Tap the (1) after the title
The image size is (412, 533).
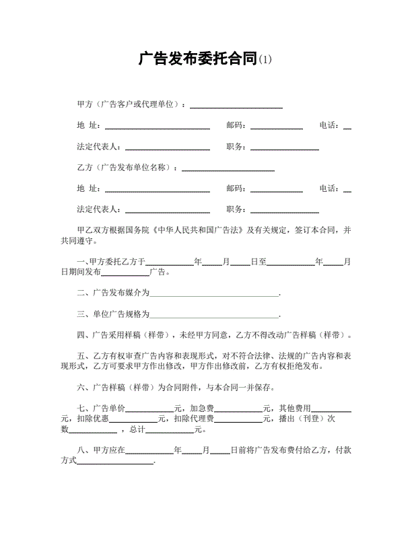click(265, 61)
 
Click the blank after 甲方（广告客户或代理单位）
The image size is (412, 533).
click(236, 106)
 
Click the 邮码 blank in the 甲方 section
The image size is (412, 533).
click(277, 127)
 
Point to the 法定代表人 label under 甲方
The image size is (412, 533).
click(99, 147)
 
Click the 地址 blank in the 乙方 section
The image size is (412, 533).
click(157, 190)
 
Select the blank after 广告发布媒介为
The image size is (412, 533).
click(214, 294)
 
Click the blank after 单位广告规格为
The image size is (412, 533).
click(214, 315)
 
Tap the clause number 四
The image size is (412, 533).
click(81, 335)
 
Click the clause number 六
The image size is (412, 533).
click(81, 388)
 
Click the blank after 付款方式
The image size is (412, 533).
click(116, 462)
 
